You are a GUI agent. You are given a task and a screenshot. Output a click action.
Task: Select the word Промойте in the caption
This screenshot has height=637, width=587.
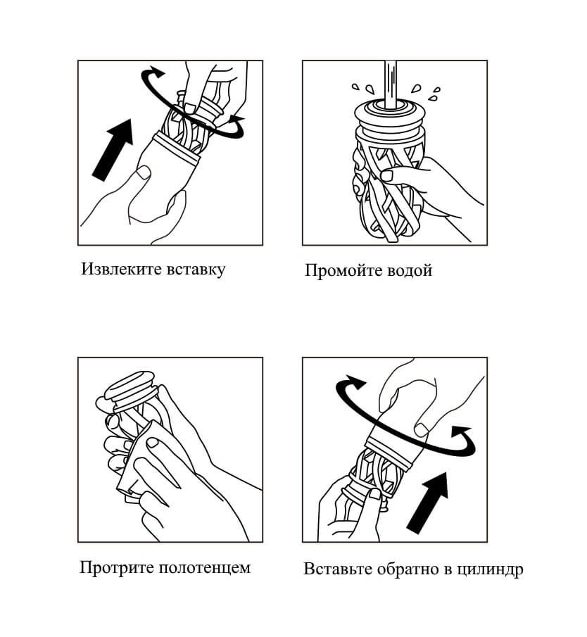point(339,270)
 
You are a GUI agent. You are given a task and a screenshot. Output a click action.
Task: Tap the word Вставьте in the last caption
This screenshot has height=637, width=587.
point(338,569)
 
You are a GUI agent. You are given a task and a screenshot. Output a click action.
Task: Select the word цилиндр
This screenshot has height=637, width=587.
point(490,570)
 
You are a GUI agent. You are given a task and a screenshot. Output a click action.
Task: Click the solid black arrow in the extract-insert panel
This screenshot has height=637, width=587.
point(113,149)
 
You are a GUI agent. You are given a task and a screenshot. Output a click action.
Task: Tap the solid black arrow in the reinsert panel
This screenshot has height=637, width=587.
point(427,503)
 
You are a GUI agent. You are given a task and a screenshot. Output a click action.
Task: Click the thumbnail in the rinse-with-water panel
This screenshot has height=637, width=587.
point(387,175)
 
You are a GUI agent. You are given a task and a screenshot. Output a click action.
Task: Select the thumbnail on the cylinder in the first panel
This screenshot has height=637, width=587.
point(144,172)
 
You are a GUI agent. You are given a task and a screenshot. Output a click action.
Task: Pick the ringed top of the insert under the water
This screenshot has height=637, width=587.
point(391,115)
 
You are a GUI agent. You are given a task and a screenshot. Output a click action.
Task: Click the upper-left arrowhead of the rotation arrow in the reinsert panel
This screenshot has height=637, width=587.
point(354,382)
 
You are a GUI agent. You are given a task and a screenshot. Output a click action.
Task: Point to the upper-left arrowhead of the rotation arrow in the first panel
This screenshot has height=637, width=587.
point(156,71)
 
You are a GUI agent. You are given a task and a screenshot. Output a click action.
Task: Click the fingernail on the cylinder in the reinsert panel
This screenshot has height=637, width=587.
point(422,430)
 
